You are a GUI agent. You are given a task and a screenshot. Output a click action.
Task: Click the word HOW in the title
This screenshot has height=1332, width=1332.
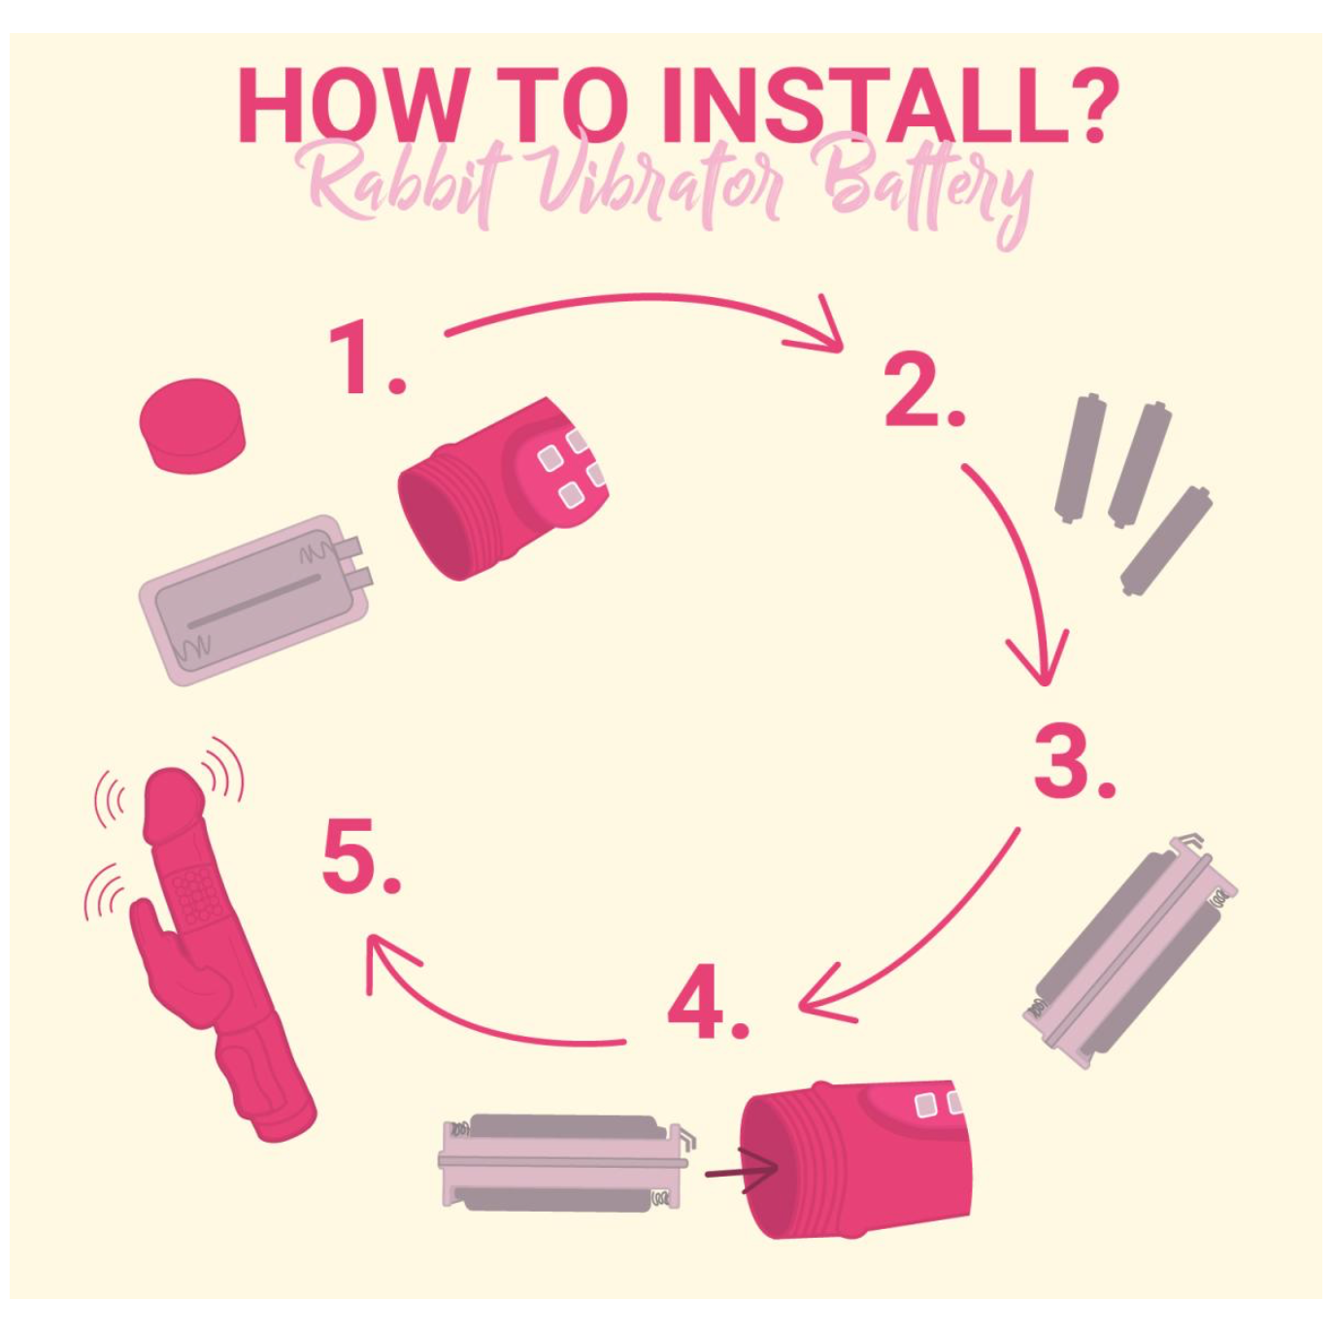click(x=350, y=107)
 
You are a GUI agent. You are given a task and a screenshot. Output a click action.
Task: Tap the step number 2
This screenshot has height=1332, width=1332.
click(x=923, y=390)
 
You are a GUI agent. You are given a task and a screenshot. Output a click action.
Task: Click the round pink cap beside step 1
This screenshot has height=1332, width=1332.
click(x=192, y=424)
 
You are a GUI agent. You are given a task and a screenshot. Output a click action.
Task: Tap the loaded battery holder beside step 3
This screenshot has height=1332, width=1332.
click(x=1130, y=950)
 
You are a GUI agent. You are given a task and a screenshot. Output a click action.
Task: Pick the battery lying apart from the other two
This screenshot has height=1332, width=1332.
click(x=1165, y=541)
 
